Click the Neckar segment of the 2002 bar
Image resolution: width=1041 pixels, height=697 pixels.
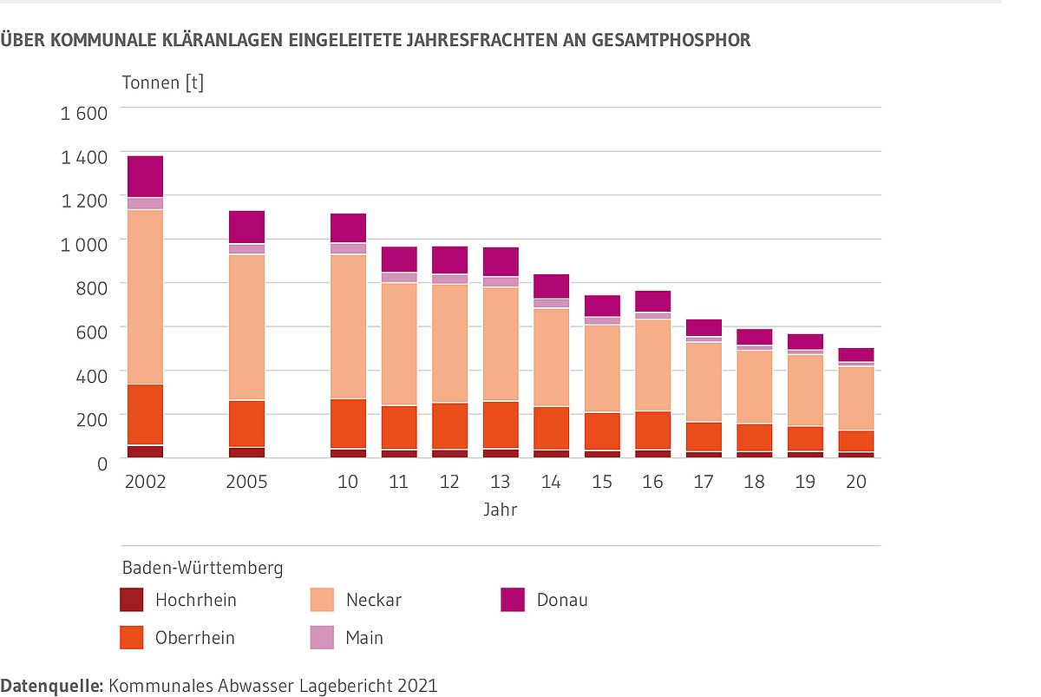(x=145, y=297)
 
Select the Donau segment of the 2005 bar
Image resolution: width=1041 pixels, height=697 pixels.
(x=246, y=227)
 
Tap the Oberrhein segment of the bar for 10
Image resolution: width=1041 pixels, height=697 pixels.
(x=348, y=424)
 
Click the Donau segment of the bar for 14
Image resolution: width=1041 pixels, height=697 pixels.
(x=551, y=286)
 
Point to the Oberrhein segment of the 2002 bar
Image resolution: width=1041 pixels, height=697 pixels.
(x=145, y=415)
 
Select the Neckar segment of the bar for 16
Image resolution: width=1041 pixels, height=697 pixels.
(x=652, y=365)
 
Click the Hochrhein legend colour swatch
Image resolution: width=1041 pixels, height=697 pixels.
(x=132, y=600)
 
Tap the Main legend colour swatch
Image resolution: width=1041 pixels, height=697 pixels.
(x=323, y=638)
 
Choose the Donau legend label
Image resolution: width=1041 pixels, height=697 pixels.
(x=562, y=600)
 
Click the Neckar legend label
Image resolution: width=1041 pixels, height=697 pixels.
(x=374, y=600)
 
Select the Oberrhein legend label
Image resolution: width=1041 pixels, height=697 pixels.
(x=195, y=638)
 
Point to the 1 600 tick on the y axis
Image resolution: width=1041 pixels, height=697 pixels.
(x=83, y=113)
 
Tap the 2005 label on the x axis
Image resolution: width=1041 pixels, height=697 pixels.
(x=246, y=482)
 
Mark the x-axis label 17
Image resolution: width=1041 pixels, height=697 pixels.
(x=704, y=482)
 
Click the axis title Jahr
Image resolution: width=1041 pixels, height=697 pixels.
(x=501, y=510)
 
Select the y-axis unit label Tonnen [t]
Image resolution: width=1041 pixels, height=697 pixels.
(x=162, y=83)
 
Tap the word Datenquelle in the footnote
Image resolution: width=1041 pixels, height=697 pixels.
(x=51, y=686)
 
